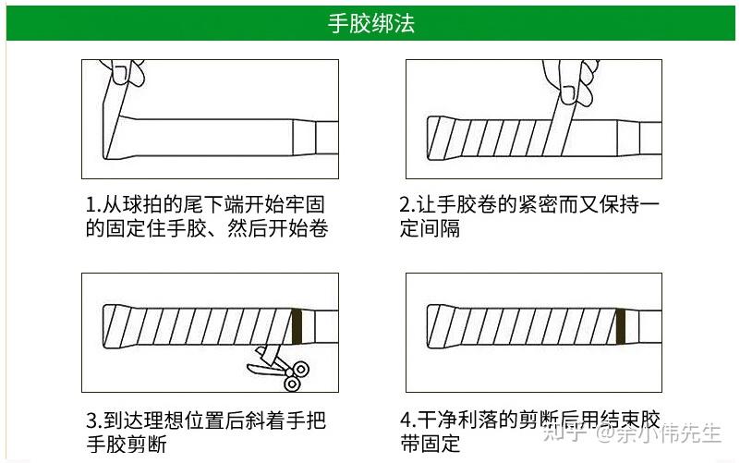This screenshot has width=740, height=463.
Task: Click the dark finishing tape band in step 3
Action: [297, 325]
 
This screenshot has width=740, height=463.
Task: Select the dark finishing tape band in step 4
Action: [621, 325]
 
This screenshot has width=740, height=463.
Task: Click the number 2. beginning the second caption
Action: [406, 204]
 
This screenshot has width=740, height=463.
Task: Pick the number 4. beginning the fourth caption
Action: [406, 421]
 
